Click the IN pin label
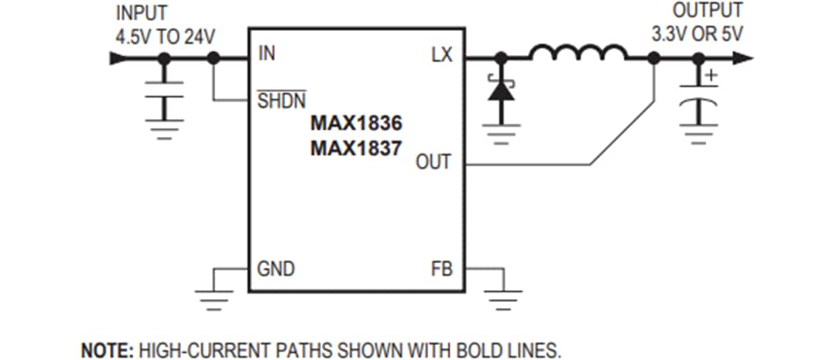[x=266, y=56]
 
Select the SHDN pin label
[x=281, y=101]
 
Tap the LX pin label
[x=443, y=56]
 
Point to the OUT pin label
[x=433, y=163]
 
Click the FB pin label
[x=441, y=269]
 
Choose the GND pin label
[x=276, y=269]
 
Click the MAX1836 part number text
[x=357, y=124]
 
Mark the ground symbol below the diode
[x=502, y=135]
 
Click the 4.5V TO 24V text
[x=165, y=36]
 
